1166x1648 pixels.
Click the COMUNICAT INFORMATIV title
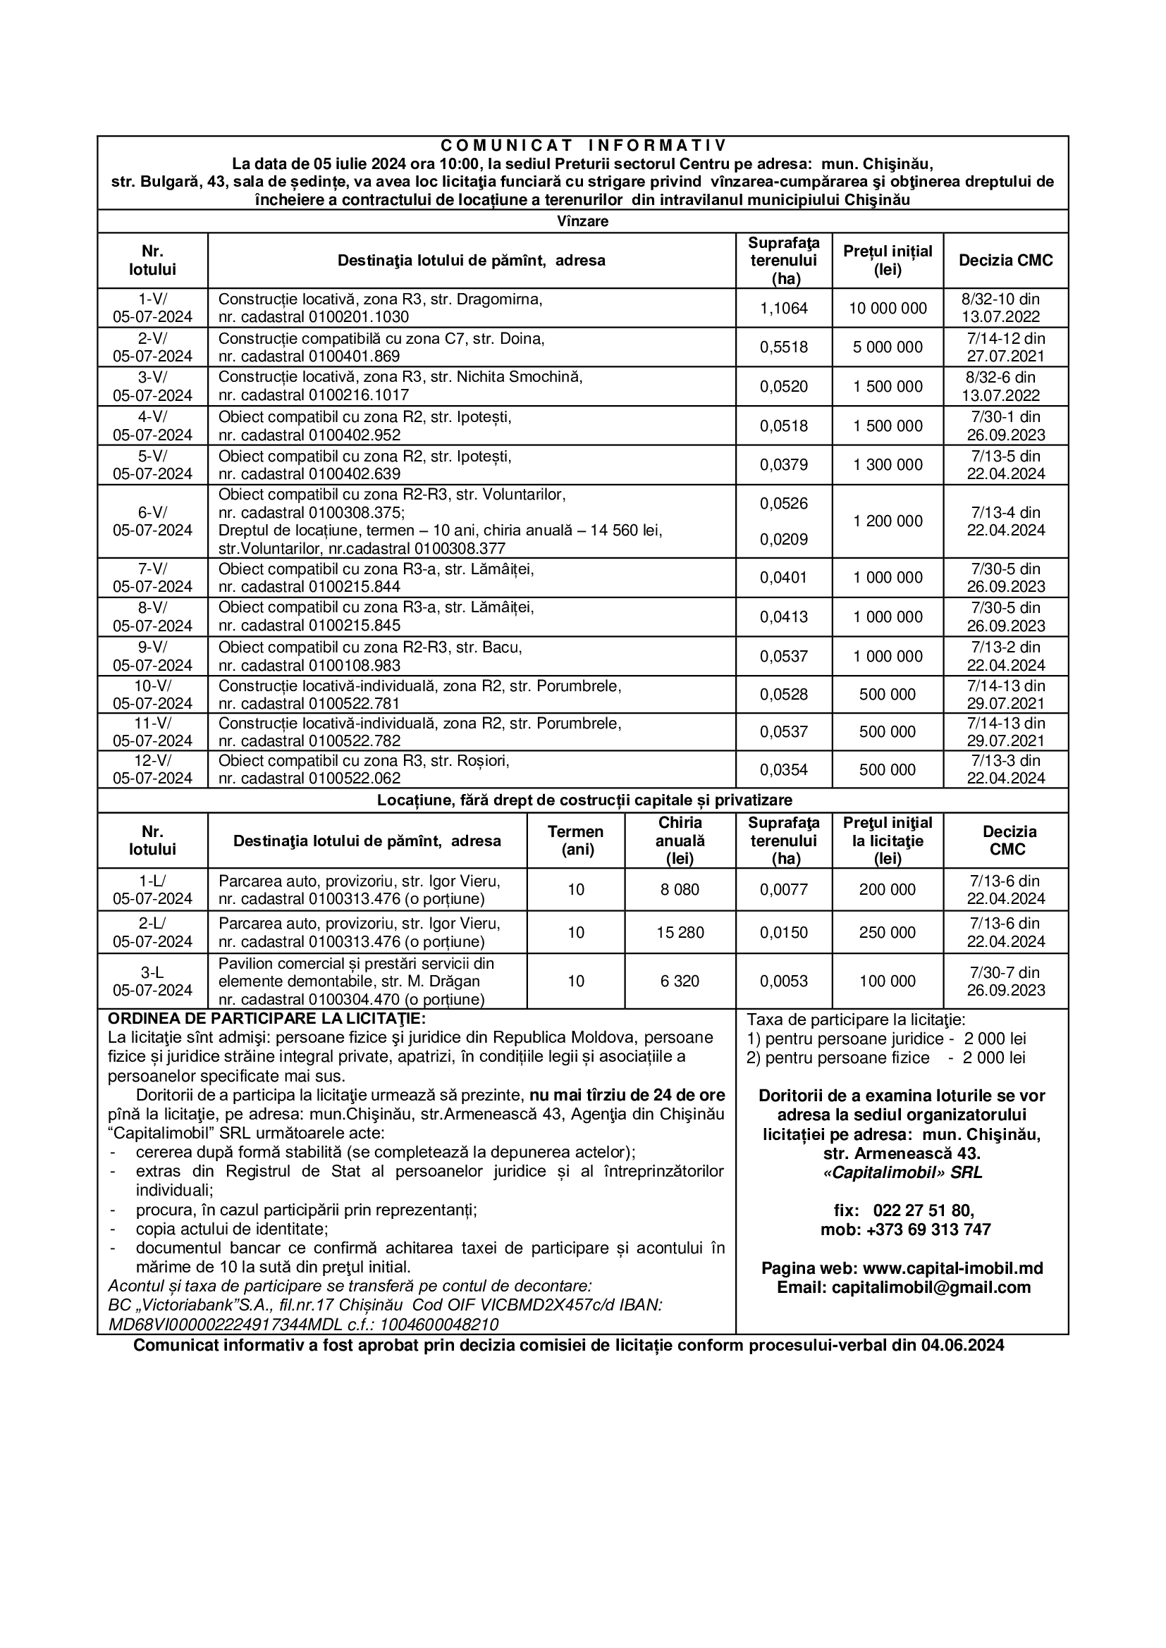582,146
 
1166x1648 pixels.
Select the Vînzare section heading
582,221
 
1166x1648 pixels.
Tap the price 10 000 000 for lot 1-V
888,309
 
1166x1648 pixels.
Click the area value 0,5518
783,347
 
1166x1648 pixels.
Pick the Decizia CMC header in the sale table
1005,261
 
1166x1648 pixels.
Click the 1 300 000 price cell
888,465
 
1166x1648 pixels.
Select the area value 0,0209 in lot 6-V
783,540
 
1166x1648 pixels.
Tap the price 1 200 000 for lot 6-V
888,521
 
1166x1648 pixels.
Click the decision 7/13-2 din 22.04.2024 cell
1005,656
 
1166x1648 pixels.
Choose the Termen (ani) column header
575,841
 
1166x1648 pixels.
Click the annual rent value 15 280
679,932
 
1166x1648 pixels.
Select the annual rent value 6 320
679,981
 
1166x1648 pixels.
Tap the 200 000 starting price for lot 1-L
888,890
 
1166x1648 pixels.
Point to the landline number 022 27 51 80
923,1211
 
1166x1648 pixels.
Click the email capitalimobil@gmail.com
931,1287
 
